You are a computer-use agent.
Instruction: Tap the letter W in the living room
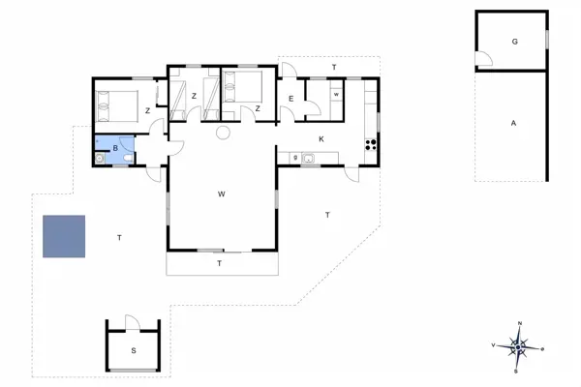[222, 194]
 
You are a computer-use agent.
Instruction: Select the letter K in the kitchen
[321, 139]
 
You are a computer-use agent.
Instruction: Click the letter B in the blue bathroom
[115, 149]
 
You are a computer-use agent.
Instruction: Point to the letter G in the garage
[514, 42]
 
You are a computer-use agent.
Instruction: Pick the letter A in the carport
[513, 122]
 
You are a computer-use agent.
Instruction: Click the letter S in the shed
[134, 350]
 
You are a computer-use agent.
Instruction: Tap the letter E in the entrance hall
[290, 99]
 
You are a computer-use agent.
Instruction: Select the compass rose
[520, 344]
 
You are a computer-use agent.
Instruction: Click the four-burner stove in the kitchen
[369, 145]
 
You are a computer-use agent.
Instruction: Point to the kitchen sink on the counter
[308, 159]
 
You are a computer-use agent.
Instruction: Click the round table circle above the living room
[222, 132]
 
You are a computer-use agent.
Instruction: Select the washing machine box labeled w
[335, 95]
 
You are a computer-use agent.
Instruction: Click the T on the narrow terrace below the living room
[220, 263]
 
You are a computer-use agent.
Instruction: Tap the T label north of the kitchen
[333, 67]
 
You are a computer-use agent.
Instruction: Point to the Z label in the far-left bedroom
[147, 111]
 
